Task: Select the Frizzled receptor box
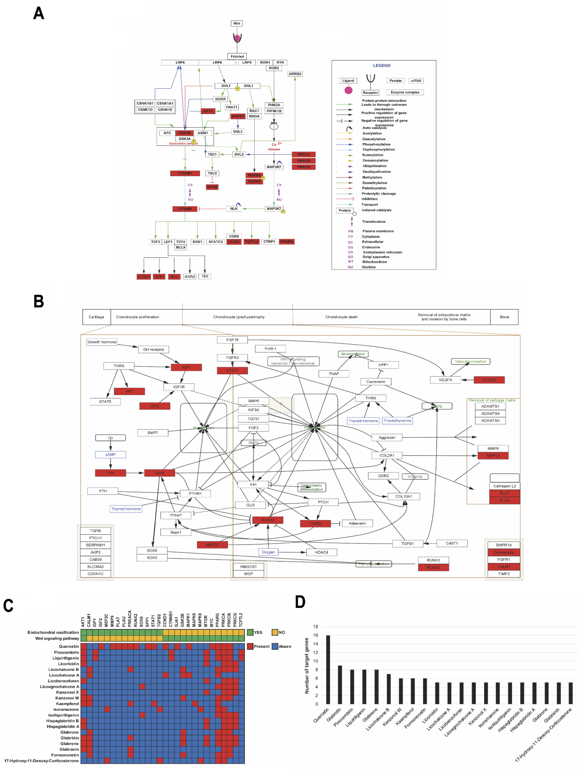(237, 56)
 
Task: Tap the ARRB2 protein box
(295, 74)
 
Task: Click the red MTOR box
(212, 187)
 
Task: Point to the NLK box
(234, 209)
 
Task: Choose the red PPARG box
(287, 242)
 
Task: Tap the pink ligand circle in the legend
(348, 90)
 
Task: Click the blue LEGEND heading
(381, 65)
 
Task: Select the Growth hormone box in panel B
(102, 342)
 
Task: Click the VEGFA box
(445, 380)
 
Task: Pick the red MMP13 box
(493, 456)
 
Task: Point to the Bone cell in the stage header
(504, 317)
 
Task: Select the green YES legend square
(250, 632)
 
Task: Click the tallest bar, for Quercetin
(328, 669)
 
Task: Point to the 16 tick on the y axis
(315, 635)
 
